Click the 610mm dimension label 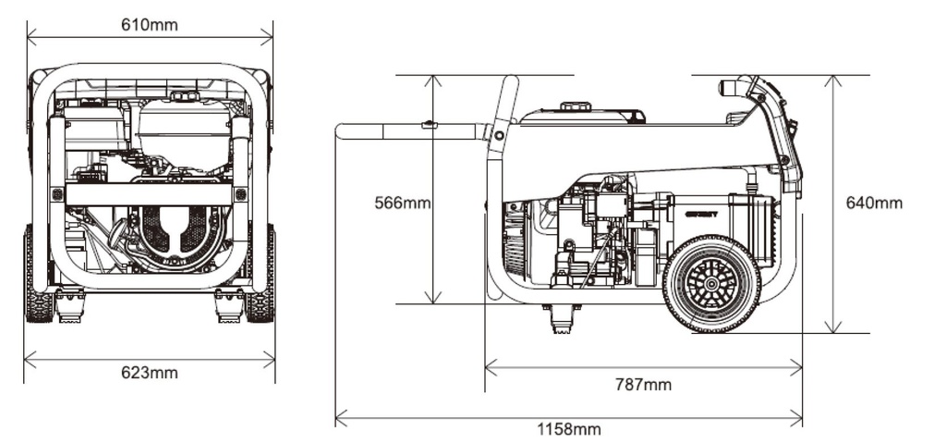pos(150,25)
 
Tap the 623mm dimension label pos(150,373)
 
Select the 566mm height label pos(403,203)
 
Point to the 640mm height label pos(874,203)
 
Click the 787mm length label pos(643,385)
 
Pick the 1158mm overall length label pos(569,429)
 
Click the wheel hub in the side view pos(711,283)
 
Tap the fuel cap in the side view pos(576,107)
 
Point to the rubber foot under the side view pos(561,318)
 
